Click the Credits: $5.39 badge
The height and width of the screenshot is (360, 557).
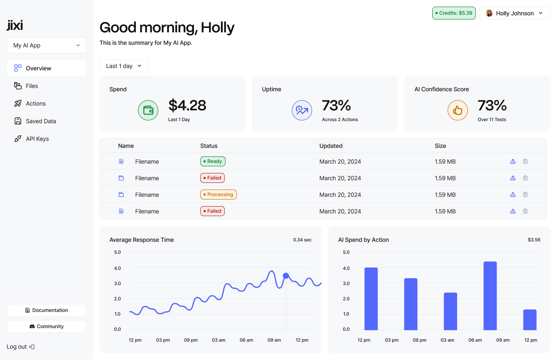(454, 13)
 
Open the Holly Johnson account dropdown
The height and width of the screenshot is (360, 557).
(514, 13)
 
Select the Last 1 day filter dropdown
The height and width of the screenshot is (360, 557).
(124, 66)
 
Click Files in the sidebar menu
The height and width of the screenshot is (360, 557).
(32, 86)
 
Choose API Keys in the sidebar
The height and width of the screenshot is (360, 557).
(37, 139)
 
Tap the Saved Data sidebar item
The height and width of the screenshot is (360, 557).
(41, 121)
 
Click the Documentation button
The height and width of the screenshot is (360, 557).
(46, 310)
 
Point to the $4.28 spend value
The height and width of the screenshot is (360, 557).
(187, 105)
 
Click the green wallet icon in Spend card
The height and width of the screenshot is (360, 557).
(148, 110)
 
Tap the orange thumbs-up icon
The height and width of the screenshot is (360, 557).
(458, 110)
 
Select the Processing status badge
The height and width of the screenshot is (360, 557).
(218, 195)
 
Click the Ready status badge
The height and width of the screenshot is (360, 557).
(213, 161)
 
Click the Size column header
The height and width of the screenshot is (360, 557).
(440, 146)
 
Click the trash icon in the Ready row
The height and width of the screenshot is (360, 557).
(525, 161)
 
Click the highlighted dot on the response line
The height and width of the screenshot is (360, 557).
(286, 276)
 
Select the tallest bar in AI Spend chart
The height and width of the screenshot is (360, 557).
(490, 295)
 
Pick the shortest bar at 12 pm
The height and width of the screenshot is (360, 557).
(530, 319)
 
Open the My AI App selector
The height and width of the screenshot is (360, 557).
(46, 46)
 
